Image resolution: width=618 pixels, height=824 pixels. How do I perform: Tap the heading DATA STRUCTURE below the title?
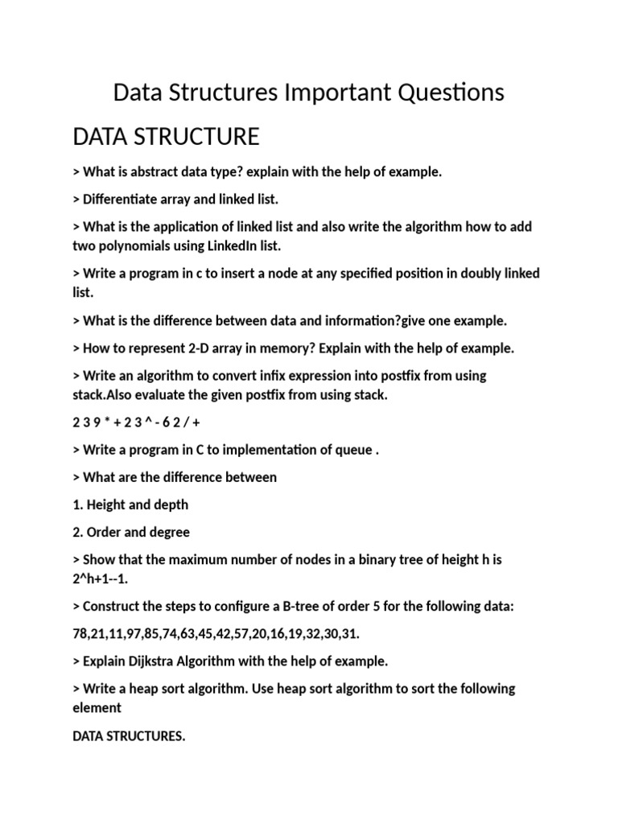point(166,137)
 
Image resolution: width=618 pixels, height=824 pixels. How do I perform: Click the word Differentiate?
point(126,199)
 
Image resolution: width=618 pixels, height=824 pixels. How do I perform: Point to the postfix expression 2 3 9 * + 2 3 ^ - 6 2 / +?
point(136,422)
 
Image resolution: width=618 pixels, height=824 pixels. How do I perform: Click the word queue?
point(354,450)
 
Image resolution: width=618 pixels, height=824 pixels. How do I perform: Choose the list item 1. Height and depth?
point(130,505)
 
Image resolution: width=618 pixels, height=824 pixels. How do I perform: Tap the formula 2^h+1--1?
point(101,579)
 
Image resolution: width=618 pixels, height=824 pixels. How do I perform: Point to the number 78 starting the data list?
point(80,634)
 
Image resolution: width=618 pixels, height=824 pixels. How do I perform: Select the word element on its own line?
point(97,707)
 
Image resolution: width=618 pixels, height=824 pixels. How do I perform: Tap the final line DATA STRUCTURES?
point(129,735)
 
